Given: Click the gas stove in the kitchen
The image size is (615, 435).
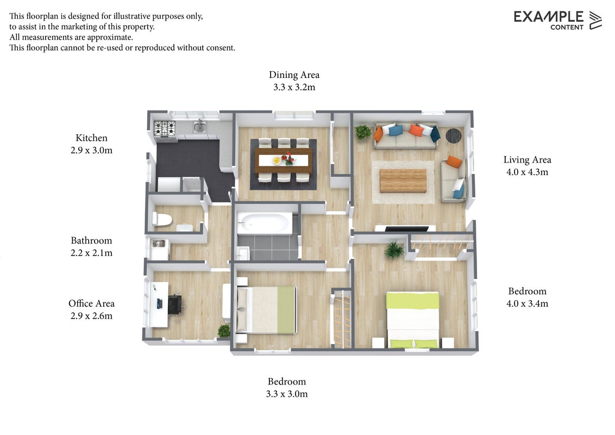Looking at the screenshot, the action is (x=165, y=128).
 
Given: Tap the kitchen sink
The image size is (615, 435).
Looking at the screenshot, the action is (x=200, y=127).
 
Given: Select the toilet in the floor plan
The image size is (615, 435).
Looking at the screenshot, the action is (x=162, y=219).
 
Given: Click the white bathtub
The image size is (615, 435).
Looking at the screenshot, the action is (x=265, y=223).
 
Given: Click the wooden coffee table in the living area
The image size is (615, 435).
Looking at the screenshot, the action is (x=403, y=181).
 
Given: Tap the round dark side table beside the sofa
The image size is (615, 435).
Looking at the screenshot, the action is (x=454, y=135).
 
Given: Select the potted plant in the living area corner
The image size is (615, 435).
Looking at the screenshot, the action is (x=362, y=132).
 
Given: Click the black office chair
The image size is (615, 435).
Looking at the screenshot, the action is (x=175, y=304).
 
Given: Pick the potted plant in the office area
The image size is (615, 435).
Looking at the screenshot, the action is (x=224, y=331).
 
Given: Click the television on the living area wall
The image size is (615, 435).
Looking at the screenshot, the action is (x=406, y=229).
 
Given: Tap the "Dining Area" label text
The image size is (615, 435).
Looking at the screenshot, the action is (x=294, y=74).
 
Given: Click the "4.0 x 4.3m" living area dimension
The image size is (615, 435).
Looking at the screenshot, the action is (x=527, y=172).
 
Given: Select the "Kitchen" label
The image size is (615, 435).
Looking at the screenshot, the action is (x=91, y=138).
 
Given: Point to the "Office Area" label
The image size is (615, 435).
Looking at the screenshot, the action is (x=91, y=303).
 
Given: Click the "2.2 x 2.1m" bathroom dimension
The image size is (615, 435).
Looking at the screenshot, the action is (x=91, y=253).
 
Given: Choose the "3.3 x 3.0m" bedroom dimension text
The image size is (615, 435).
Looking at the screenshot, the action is (x=287, y=394).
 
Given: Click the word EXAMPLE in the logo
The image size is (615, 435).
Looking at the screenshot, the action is (x=548, y=17).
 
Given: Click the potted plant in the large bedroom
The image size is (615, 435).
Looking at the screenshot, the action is (x=394, y=250).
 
